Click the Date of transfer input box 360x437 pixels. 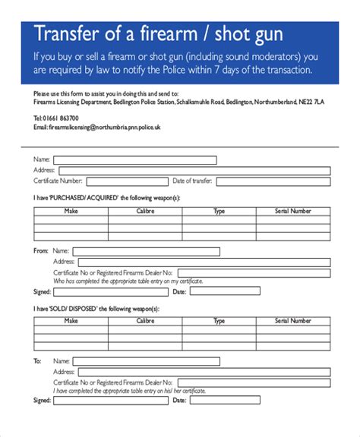click(x=273, y=181)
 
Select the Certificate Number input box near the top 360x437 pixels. click(x=125, y=181)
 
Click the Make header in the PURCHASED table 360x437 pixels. click(x=71, y=211)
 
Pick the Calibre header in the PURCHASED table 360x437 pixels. click(x=145, y=211)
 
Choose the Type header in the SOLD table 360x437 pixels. click(x=219, y=321)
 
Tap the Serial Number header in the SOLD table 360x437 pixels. click(x=293, y=321)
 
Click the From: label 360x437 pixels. click(x=40, y=250)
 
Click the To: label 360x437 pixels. click(x=37, y=360)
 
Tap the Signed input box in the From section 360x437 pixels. click(x=106, y=291)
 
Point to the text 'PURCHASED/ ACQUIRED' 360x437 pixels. click(x=72, y=197)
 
